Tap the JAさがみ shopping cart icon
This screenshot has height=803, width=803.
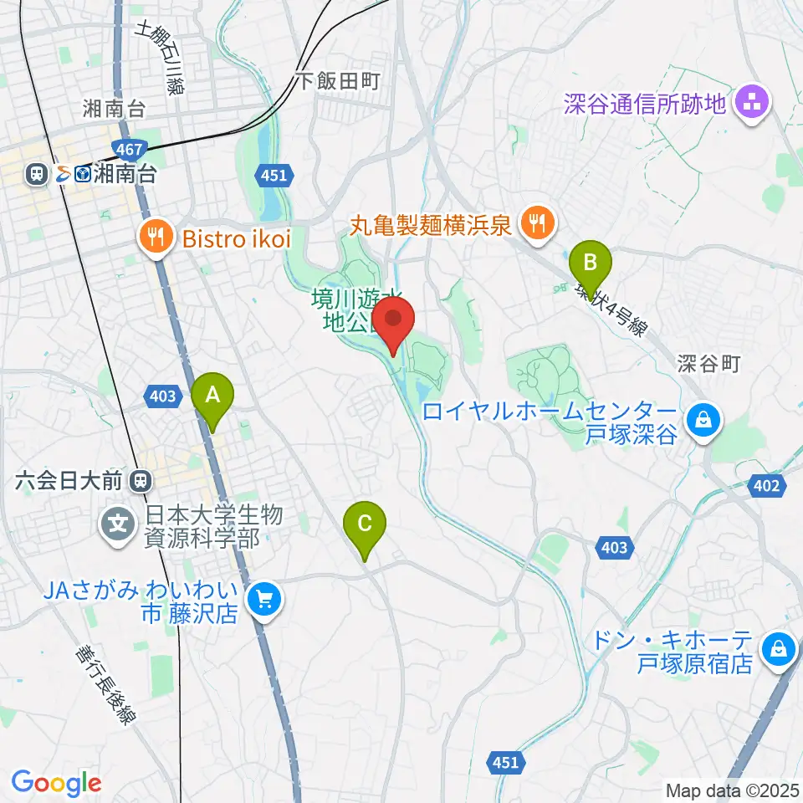(x=265, y=599)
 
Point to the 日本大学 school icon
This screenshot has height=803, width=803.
(x=119, y=525)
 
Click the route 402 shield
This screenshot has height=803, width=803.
(x=770, y=486)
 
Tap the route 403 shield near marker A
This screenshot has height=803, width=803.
(x=163, y=396)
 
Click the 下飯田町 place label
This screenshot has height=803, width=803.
(x=338, y=80)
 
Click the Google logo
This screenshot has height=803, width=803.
(x=56, y=782)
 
